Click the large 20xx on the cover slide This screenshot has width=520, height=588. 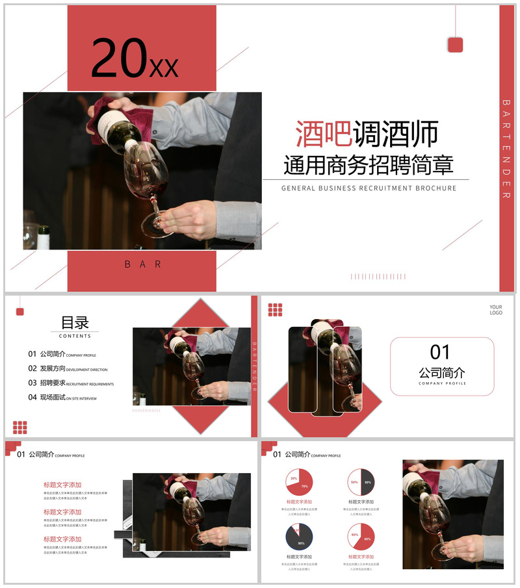tap(135, 59)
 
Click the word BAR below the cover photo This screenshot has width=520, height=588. tap(142, 264)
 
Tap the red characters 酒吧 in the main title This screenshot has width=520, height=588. tap(323, 134)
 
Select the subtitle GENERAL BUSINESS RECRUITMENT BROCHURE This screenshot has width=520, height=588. tap(369, 188)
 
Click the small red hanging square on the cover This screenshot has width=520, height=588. tap(455, 45)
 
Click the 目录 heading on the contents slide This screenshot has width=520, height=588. tap(75, 323)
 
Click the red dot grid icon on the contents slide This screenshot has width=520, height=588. tap(20, 427)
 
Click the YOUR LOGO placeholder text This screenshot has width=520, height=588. tap(496, 310)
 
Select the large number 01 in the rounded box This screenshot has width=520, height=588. tap(440, 352)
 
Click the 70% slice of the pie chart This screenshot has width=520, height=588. tap(303, 485)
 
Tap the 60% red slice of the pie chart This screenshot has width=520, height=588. tap(366, 539)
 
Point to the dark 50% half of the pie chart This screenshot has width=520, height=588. tap(368, 482)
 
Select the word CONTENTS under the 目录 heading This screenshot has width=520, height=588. tap(75, 337)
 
